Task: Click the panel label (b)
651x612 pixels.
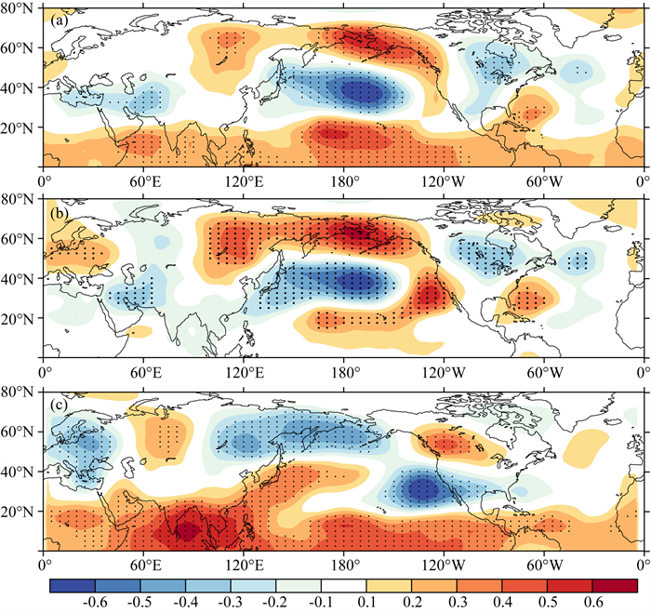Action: tap(59, 213)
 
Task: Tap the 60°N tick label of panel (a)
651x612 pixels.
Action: tap(17, 48)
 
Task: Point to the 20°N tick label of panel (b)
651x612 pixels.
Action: tap(17, 319)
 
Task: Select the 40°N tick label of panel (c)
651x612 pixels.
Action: tap(17, 472)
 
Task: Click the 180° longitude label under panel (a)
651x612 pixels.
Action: tap(343, 181)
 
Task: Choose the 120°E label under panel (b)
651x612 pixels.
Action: tap(245, 372)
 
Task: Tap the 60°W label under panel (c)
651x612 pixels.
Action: tap(545, 565)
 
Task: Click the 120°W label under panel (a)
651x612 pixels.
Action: tap(444, 181)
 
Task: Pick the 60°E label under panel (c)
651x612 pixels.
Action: tap(145, 565)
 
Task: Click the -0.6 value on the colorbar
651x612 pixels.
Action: tap(95, 602)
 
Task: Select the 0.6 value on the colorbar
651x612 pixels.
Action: tap(592, 602)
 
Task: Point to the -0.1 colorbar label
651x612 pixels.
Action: tap(321, 602)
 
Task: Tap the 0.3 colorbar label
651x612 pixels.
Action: tap(457, 602)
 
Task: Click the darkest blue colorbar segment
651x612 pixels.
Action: tap(73, 585)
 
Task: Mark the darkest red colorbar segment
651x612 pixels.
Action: tap(615, 585)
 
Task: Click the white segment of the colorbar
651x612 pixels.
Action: tap(343, 585)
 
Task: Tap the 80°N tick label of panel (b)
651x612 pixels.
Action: tap(17, 199)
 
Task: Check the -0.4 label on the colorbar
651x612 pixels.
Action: tap(185, 602)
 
